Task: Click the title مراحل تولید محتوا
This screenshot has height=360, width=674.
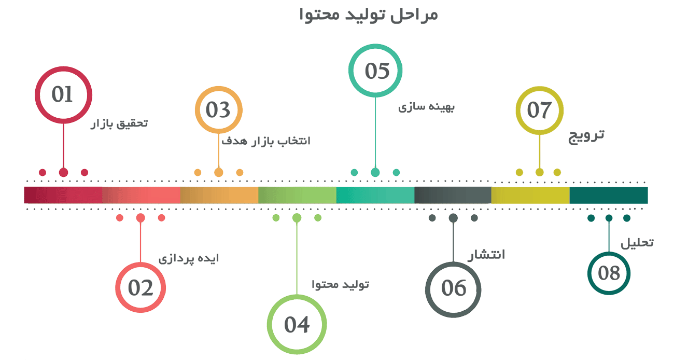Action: [x=369, y=15]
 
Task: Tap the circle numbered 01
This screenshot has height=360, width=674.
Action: [x=63, y=95]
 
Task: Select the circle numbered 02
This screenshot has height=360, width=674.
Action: [x=141, y=288]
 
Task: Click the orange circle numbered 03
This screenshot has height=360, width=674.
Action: [x=218, y=110]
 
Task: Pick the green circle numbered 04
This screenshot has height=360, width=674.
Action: [x=297, y=324]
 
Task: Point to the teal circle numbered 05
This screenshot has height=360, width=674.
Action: [x=376, y=71]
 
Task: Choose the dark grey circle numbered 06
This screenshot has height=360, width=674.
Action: [x=453, y=288]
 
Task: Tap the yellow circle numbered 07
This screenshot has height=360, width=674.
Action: [x=539, y=110]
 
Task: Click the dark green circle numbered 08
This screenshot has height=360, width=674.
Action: [x=609, y=273]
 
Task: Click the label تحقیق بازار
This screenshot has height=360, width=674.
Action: [x=119, y=124]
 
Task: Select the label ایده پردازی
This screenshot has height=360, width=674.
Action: [x=189, y=259]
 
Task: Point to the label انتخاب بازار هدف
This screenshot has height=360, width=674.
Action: [x=266, y=141]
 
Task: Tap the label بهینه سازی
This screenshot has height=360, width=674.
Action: [x=426, y=107]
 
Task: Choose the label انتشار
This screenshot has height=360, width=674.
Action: [x=486, y=255]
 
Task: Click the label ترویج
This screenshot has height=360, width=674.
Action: [x=586, y=136]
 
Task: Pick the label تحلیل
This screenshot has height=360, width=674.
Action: [x=637, y=243]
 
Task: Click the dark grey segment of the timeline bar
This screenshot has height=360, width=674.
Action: [x=453, y=195]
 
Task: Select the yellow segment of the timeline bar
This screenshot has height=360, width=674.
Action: [x=530, y=195]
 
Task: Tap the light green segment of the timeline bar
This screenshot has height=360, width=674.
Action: [x=297, y=195]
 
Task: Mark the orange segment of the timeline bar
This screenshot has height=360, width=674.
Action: [x=219, y=195]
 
